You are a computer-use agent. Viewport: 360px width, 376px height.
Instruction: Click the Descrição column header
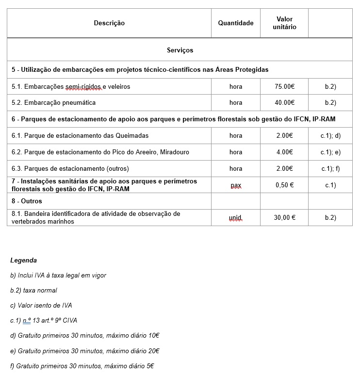pos(109,23)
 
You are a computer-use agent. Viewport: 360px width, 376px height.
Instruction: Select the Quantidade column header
pos(235,23)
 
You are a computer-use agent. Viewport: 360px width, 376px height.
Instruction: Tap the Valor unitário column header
pos(284,23)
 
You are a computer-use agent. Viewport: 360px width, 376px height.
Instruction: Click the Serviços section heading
pos(180,50)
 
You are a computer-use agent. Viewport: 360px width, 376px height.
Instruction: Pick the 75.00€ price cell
pos(284,87)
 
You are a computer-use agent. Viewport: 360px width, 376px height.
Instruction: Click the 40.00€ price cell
pos(284,103)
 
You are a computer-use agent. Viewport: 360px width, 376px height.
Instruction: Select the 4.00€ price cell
pos(284,152)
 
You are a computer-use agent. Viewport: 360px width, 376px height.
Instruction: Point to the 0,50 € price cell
pos(284,185)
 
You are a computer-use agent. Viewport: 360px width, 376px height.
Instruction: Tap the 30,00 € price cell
pos(284,218)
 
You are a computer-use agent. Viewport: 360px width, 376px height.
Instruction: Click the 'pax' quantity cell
pos(235,185)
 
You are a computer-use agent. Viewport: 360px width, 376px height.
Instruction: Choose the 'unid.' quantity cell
pos(235,218)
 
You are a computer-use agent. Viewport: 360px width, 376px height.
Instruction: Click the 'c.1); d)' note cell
pos(330,136)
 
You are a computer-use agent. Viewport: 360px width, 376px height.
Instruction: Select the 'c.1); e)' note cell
pos(330,152)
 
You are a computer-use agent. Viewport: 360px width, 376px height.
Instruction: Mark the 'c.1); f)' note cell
pos(330,169)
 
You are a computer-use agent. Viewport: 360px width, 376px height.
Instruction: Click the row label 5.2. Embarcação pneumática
pos(53,103)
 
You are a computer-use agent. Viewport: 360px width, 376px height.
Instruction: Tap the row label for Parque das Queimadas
pos(80,136)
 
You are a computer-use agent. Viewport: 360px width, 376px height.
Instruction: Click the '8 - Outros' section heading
pos(27,201)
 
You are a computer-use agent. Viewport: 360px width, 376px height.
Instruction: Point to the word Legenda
pos(23,261)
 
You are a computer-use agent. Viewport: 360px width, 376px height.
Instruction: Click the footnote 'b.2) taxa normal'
pos(33,291)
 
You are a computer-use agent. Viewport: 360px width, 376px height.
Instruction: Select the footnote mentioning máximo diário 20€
pos(85,351)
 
